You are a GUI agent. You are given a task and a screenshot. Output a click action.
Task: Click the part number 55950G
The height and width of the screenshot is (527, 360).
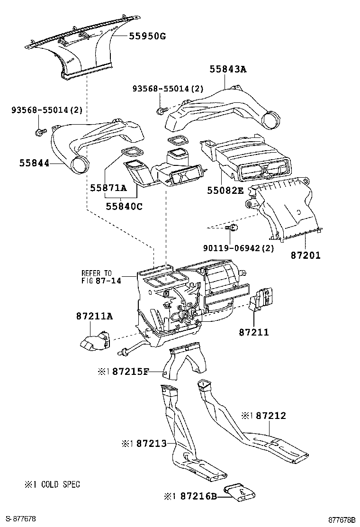(x=148, y=36)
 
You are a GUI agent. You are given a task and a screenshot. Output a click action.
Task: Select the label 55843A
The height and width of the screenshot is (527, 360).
(x=228, y=69)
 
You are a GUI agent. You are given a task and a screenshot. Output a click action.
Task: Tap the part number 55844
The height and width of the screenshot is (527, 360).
(x=34, y=164)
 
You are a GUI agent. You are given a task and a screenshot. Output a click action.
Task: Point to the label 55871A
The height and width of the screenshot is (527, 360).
(x=108, y=188)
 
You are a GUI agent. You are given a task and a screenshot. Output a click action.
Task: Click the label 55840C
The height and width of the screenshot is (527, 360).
(x=124, y=206)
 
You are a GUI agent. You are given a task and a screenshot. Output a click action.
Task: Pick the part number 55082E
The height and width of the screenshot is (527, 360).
(x=225, y=191)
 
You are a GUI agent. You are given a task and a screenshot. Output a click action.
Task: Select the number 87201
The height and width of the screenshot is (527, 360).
(x=306, y=255)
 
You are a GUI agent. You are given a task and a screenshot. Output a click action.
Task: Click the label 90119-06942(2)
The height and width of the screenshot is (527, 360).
(x=238, y=248)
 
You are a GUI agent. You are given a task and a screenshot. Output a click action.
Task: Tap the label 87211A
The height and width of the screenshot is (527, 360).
(x=94, y=316)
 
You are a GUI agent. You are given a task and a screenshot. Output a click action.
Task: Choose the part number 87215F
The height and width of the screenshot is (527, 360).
(x=130, y=372)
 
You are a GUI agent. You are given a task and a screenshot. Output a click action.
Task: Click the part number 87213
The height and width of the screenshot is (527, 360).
(x=152, y=444)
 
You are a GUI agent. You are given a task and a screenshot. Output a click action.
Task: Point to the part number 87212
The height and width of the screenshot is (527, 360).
(x=271, y=416)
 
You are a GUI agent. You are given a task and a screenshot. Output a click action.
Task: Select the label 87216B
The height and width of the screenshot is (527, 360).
(x=198, y=496)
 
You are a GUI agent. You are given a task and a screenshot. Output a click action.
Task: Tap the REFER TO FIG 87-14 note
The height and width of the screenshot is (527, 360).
(x=101, y=277)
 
